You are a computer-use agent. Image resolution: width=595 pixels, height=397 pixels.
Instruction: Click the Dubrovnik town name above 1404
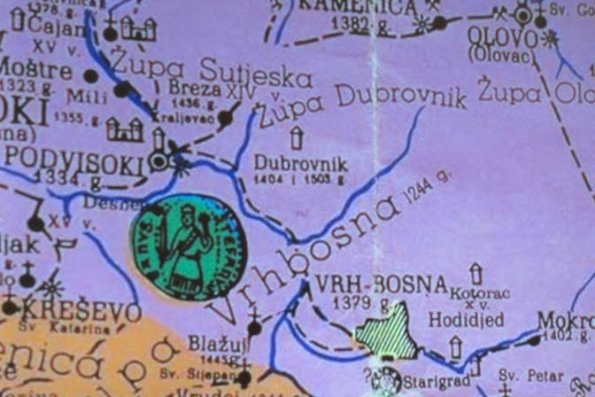[x=300, y=163]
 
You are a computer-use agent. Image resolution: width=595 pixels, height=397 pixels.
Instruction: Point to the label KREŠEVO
[x=81, y=312]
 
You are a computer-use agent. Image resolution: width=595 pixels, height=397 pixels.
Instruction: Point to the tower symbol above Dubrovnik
[x=296, y=137]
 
